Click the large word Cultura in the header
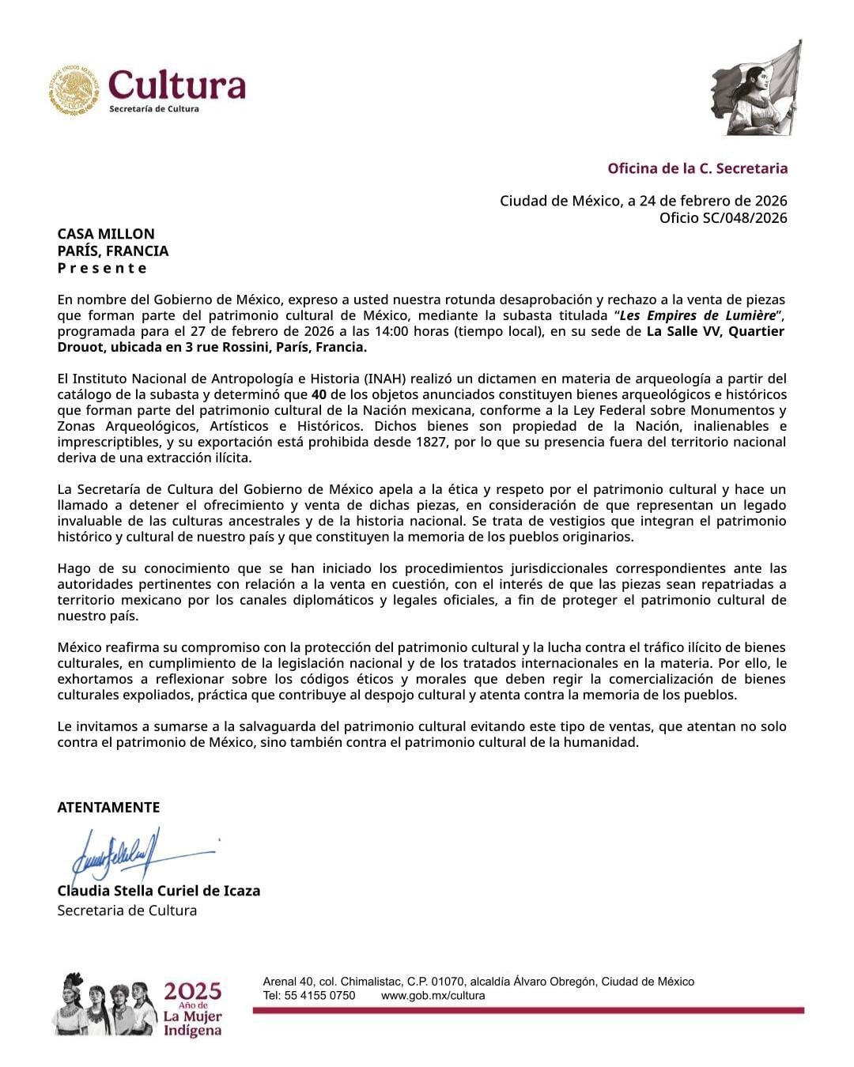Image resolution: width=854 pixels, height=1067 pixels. click(176, 85)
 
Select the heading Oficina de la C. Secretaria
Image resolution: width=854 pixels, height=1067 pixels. click(697, 168)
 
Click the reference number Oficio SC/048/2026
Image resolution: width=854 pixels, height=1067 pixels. click(723, 218)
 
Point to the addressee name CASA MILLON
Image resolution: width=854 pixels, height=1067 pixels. click(106, 234)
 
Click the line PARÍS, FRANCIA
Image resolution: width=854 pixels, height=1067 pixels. click(112, 251)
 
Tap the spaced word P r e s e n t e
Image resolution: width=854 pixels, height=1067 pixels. click(102, 268)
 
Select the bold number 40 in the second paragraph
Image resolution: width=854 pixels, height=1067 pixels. click(319, 394)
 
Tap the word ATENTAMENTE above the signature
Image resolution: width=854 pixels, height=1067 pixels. click(108, 807)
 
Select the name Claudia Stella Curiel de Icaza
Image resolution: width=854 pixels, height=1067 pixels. click(158, 891)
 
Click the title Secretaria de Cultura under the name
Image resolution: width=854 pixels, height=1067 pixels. click(127, 911)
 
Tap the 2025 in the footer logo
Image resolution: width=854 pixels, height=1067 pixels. click(193, 991)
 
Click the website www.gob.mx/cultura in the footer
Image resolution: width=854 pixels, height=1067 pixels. click(433, 996)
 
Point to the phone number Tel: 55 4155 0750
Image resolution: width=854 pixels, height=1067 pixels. click(309, 996)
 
